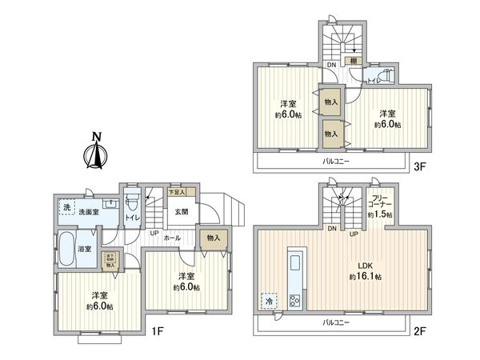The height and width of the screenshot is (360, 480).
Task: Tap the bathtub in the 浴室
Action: tap(66, 250)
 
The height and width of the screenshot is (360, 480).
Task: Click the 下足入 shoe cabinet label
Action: tap(177, 192)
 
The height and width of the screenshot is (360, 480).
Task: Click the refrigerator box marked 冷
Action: tap(266, 301)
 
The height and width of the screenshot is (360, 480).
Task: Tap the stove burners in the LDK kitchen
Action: tap(294, 301)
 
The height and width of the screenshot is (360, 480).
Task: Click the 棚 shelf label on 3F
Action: tap(352, 61)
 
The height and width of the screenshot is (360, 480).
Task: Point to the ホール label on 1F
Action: tap(171, 238)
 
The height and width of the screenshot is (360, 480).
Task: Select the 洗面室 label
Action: tap(88, 212)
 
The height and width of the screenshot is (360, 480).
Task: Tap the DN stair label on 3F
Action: tap(331, 64)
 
